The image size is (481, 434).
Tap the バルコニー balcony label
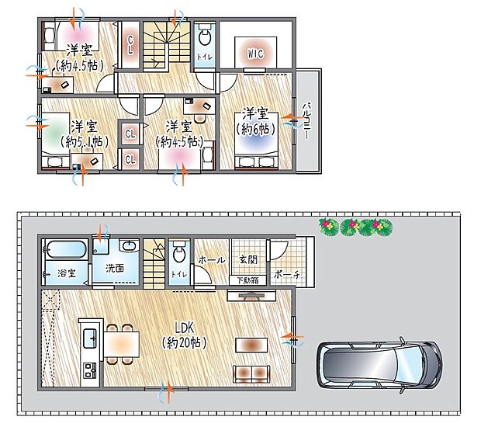coord(307,121)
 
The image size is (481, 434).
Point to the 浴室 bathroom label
coord(66,273)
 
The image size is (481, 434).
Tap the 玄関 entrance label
coord(247,259)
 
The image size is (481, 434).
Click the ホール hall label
coord(212,260)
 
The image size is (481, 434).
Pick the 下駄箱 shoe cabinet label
coord(248,279)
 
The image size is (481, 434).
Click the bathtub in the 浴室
coord(65,251)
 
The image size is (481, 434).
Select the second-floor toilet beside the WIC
coord(205,36)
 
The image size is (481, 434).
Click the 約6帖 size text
coord(254,127)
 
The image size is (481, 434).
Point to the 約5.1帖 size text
coord(84,141)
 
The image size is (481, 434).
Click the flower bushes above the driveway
coord(355,227)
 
